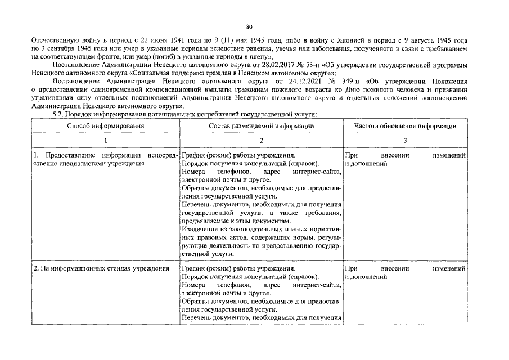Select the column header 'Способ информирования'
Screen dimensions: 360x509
pos(106,126)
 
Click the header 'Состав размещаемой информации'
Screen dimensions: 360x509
pos(261,126)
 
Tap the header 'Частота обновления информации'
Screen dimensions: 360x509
pos(405,126)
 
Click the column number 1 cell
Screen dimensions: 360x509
pos(106,141)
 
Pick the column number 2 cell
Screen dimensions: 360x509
pos(261,141)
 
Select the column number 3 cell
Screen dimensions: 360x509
pos(405,141)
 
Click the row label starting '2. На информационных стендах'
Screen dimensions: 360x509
pos(101,269)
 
